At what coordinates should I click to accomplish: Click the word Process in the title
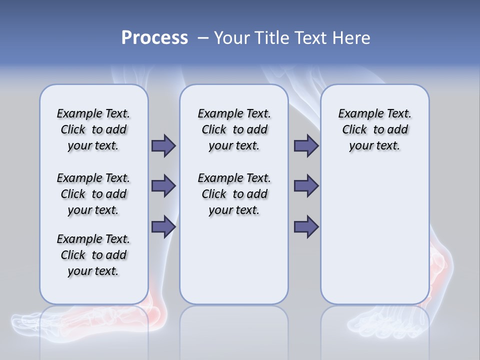coord(154,38)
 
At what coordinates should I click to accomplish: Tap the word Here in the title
coord(352,38)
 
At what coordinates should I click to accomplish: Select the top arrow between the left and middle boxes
coord(163,145)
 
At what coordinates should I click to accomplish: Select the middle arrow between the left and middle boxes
coord(163,186)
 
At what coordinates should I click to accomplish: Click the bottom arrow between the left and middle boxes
coord(163,226)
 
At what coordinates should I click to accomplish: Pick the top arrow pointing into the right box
coord(306,145)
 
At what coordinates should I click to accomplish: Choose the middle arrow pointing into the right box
coord(306,186)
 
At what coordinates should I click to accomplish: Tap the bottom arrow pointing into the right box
coord(306,226)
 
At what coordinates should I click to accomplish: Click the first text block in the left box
coord(93,129)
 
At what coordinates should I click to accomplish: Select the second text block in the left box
coord(93,194)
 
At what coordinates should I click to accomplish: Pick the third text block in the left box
coord(93,255)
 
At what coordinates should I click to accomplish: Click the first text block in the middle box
coord(234,129)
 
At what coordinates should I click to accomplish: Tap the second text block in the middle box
coord(234,194)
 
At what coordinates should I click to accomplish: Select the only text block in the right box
coord(374,129)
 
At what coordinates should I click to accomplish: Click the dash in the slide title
coord(203,38)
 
